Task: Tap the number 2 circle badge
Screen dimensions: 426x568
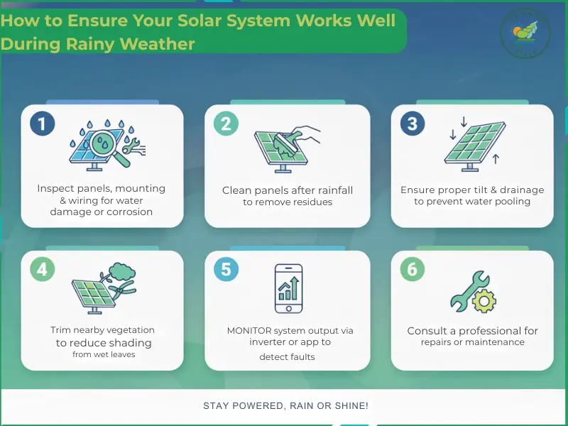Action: click(x=226, y=124)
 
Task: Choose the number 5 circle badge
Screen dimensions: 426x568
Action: click(x=226, y=270)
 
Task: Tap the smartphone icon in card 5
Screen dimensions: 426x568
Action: click(x=289, y=288)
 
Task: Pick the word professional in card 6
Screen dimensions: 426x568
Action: click(x=484, y=331)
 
